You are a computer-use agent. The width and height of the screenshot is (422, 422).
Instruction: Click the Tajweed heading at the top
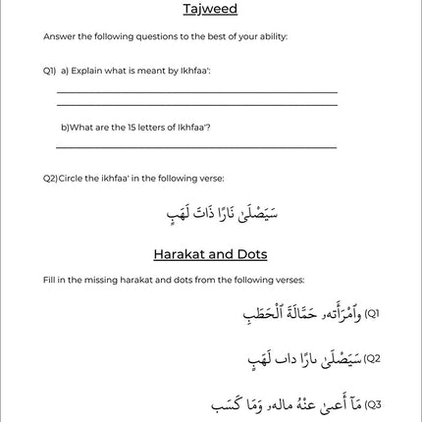click(x=209, y=10)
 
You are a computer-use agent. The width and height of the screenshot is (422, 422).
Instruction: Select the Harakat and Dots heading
click(x=209, y=254)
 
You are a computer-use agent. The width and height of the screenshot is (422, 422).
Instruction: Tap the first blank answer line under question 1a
click(x=196, y=91)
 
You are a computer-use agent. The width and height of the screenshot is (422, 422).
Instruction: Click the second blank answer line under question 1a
click(x=196, y=105)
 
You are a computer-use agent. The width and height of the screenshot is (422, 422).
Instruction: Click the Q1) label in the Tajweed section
click(x=49, y=72)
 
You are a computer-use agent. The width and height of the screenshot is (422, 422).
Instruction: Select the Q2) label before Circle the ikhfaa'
click(x=50, y=178)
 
